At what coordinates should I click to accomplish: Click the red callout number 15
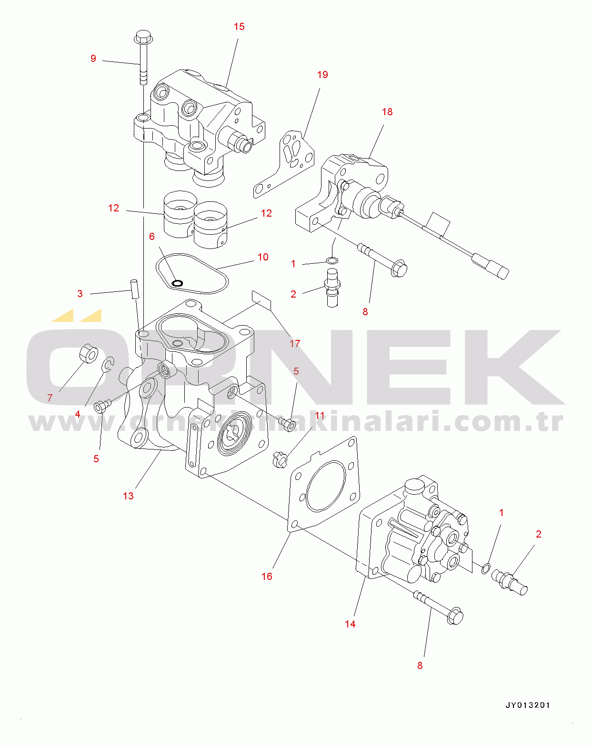tap(239, 27)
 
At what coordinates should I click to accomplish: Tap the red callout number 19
tap(322, 75)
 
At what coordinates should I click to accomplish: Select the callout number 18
tap(387, 112)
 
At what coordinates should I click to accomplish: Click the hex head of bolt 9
tap(143, 37)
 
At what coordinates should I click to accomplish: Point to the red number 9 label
tap(93, 58)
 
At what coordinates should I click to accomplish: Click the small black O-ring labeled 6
tap(177, 283)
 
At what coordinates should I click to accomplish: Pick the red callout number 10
tap(263, 257)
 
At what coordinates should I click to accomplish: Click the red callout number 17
tap(295, 343)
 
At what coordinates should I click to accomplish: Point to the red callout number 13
tap(128, 496)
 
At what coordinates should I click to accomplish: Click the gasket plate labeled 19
tap(283, 163)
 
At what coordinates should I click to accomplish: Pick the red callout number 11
tap(320, 415)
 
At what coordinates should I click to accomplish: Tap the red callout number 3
tap(80, 294)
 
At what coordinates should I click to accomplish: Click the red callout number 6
tap(152, 237)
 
